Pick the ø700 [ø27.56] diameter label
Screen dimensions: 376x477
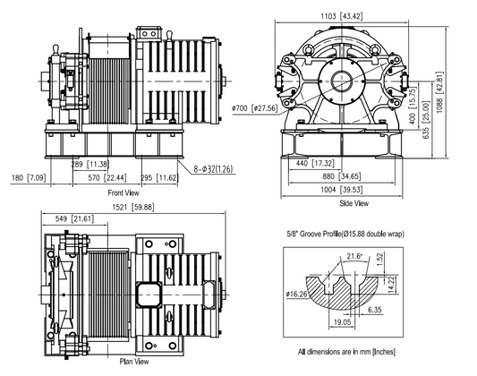point(253,107)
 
